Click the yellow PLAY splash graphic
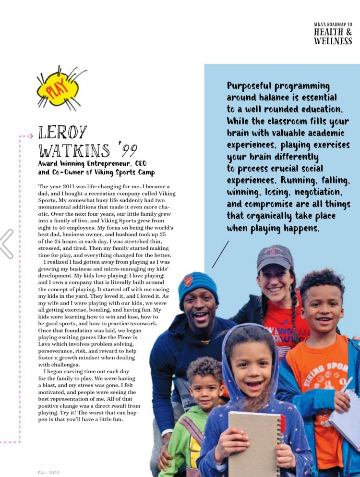click(x=58, y=89)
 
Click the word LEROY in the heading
click(x=63, y=133)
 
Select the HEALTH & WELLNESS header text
click(x=333, y=37)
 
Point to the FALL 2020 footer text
click(x=48, y=473)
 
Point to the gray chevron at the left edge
click(x=7, y=243)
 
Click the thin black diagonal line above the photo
click(x=220, y=254)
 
